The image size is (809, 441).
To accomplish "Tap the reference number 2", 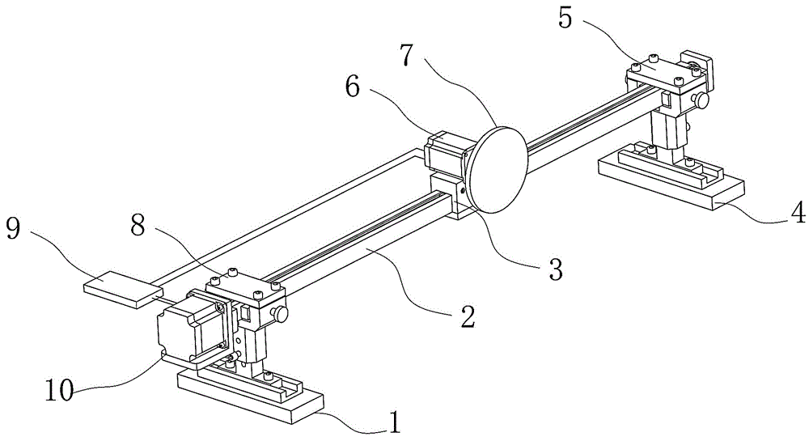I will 468,316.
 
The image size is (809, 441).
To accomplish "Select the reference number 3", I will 555,270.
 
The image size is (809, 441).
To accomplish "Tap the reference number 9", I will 13,228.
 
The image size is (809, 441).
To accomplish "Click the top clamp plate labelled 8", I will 243,288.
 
